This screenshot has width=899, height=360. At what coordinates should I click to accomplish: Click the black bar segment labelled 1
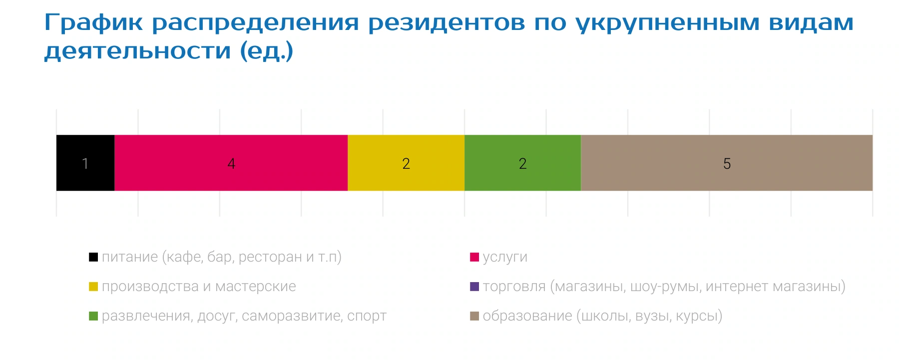point(85,163)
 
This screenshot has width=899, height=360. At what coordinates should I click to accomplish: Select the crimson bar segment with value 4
point(231,163)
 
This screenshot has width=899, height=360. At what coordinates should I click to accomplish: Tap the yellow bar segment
point(406,163)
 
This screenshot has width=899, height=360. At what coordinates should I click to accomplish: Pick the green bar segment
point(523,163)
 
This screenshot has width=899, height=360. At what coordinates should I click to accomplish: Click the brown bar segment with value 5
point(727,163)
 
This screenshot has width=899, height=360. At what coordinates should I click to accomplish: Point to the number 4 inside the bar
point(231,164)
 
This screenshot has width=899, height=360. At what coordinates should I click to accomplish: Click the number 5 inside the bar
point(727,164)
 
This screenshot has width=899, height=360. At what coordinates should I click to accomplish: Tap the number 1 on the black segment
point(85,164)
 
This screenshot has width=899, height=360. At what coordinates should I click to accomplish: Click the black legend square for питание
point(93,257)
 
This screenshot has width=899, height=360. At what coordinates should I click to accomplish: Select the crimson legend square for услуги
point(474,257)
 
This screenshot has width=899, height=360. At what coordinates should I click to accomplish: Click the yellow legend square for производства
point(93,287)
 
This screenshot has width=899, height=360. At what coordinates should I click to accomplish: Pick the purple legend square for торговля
point(474,287)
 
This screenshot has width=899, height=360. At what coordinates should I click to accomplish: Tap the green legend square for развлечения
point(93,316)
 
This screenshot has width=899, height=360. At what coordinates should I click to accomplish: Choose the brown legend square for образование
point(474,316)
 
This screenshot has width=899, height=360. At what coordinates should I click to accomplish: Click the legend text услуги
point(505,258)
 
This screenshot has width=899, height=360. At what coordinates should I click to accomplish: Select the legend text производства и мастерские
point(199,287)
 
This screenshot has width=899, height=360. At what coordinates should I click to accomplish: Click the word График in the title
point(94,23)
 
